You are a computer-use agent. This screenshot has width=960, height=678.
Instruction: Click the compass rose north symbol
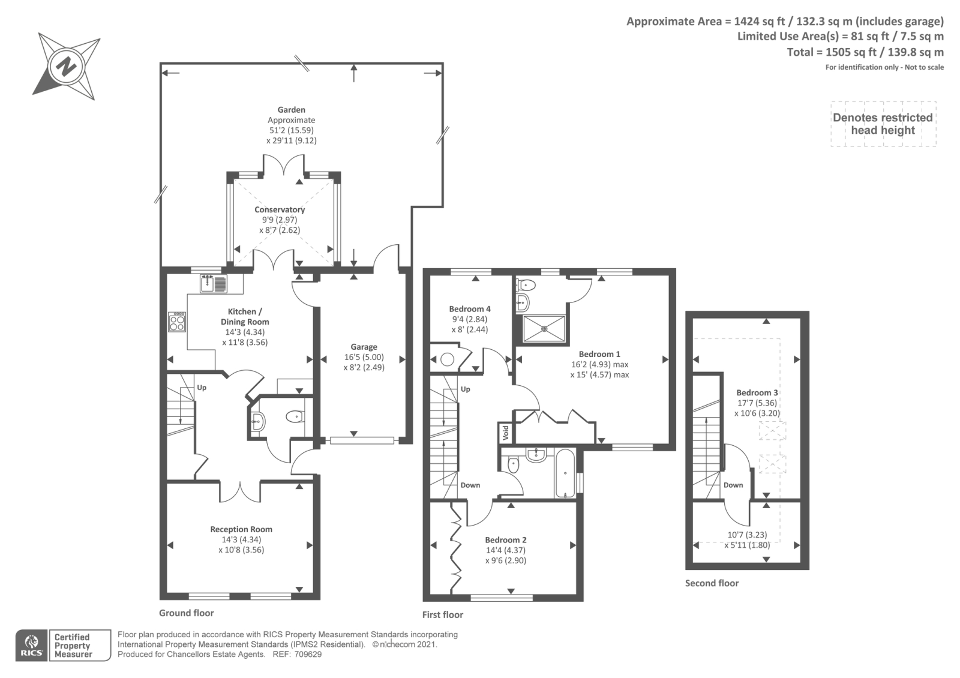coord(67,67)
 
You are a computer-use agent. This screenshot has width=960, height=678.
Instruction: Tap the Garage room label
coord(364,347)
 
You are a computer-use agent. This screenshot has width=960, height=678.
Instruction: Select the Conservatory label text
coord(280,209)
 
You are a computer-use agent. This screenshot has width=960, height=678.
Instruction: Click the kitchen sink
coord(214,284)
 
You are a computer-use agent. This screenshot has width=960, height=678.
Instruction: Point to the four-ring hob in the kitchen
coord(177,322)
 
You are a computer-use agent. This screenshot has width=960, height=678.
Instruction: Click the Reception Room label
coord(241,529)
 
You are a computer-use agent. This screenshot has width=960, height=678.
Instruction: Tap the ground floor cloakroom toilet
coord(295,416)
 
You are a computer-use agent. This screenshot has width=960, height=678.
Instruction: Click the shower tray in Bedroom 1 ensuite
coord(544,329)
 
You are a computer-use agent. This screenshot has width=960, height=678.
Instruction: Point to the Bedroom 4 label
coord(470,309)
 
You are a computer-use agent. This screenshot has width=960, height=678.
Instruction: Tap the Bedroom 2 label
coord(506,540)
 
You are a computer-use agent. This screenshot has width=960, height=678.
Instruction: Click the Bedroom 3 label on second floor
coord(757,392)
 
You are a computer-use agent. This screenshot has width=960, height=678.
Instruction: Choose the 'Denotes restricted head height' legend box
coord(883,124)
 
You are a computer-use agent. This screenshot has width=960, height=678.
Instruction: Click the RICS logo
coord(32,645)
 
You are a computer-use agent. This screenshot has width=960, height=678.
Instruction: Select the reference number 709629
coord(307,655)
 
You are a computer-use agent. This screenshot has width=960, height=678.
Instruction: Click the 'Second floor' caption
coord(712,583)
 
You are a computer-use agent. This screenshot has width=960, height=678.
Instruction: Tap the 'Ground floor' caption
coord(187,613)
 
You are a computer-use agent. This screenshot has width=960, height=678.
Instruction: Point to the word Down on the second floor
coord(733,485)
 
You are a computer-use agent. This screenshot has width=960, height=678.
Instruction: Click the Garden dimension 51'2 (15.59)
coord(292,130)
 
